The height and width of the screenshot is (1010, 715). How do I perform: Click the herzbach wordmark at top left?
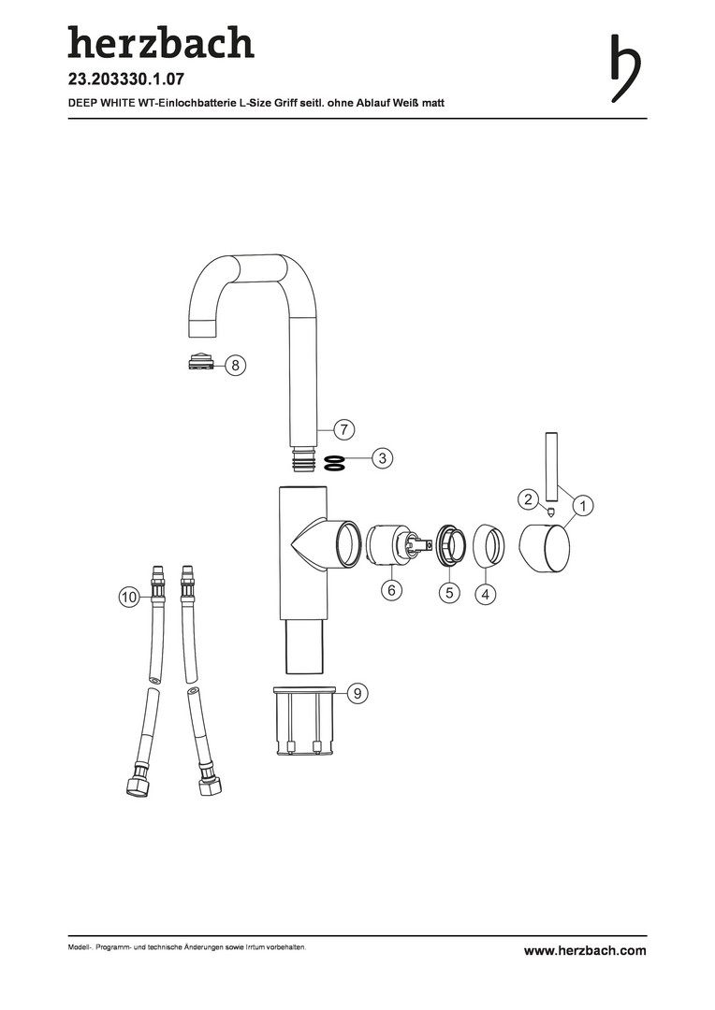tap(161, 42)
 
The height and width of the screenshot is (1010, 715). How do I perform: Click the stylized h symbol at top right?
tap(625, 67)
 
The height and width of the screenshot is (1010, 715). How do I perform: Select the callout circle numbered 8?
tap(235, 366)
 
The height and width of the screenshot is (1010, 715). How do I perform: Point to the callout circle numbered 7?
tap(344, 429)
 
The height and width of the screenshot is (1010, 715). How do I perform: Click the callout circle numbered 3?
tap(383, 458)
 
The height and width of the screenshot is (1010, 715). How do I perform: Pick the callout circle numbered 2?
tap(529, 499)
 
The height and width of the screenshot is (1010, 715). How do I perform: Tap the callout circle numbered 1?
tap(583, 506)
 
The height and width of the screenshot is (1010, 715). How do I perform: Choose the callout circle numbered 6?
tap(391, 589)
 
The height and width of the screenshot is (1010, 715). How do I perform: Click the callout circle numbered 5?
tap(449, 592)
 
